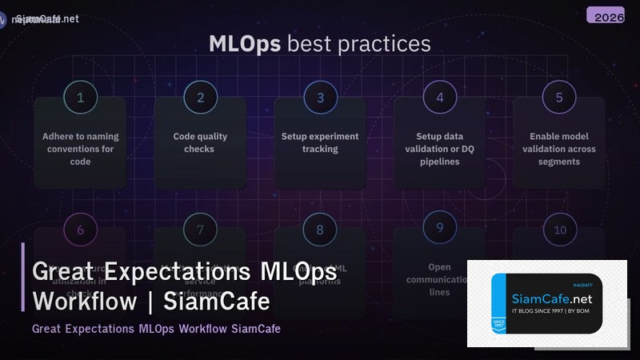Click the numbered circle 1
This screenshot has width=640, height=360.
[x=80, y=98]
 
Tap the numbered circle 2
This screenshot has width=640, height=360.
[x=200, y=98]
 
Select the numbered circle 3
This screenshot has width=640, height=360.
[x=320, y=98]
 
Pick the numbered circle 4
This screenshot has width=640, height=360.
[x=439, y=98]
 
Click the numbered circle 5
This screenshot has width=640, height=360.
[x=559, y=98]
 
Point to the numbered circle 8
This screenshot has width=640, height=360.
[x=320, y=230]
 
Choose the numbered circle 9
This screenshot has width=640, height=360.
[x=439, y=228]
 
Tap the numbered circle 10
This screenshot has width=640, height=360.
[x=559, y=230]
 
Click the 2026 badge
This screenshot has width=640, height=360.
[x=610, y=16]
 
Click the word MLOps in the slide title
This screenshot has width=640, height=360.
[x=245, y=43]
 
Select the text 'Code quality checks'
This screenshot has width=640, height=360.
[x=200, y=142]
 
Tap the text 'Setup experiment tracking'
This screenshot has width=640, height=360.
[x=320, y=142]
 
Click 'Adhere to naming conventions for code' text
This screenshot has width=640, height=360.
[x=80, y=149]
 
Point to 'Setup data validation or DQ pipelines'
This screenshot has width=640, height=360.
[x=439, y=149]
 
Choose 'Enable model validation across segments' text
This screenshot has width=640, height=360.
[x=559, y=149]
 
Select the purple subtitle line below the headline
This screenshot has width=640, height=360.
[x=156, y=329]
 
